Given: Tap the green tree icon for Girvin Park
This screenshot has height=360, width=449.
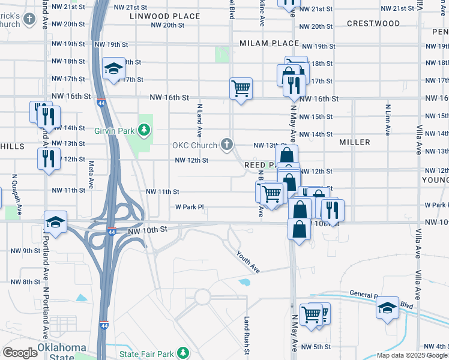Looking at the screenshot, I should pyautogui.click(x=143, y=129).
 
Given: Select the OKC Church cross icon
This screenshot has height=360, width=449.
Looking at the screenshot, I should pyautogui.click(x=226, y=144).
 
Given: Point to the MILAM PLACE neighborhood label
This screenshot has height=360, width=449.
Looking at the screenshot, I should pyautogui.click(x=269, y=44).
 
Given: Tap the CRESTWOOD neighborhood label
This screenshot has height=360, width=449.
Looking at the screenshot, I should pyautogui.click(x=373, y=23).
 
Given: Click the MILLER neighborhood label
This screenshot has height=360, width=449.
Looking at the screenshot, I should pyautogui.click(x=354, y=142).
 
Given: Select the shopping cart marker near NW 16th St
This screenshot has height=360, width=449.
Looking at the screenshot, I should pyautogui.click(x=241, y=88).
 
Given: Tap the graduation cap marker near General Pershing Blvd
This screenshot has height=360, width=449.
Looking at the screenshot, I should pyautogui.click(x=387, y=308).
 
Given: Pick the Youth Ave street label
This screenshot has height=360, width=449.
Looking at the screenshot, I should pyautogui.click(x=248, y=262).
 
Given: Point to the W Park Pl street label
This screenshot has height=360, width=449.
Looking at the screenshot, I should pyautogui.click(x=190, y=207).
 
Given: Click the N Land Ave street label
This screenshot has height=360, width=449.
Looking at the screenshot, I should pyautogui.click(x=199, y=119).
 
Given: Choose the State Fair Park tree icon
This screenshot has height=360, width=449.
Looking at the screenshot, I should pyautogui.click(x=186, y=353).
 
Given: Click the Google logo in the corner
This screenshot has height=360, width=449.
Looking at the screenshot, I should pyautogui.click(x=19, y=353).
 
